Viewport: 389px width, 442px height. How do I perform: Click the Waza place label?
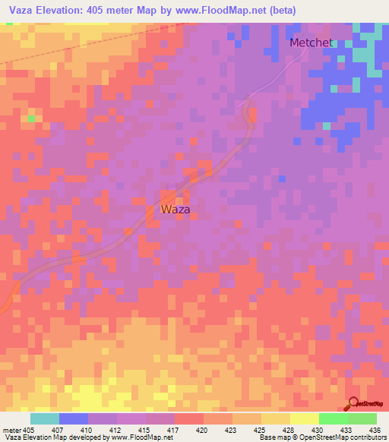(x=176, y=209)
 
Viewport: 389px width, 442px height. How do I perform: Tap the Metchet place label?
(x=311, y=43)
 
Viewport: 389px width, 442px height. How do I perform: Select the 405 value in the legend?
(x=29, y=430)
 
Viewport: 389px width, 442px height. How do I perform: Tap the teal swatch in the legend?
(x=44, y=418)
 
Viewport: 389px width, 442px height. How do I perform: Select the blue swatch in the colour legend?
(x=73, y=418)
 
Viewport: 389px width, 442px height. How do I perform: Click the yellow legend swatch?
(x=304, y=418)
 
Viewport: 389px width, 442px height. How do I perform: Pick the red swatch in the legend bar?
(x=188, y=418)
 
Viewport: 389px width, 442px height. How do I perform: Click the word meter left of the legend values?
(x=11, y=430)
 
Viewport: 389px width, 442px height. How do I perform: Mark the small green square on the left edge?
(x=31, y=118)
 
